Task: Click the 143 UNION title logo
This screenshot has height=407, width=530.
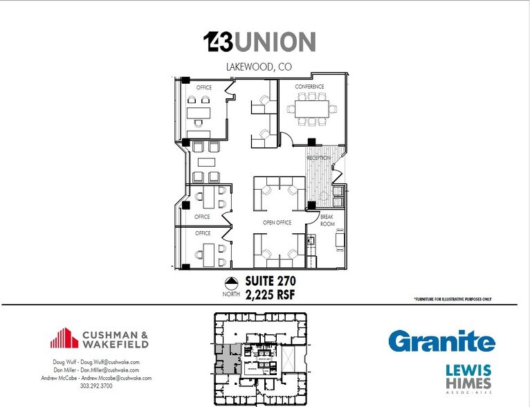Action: point(260,42)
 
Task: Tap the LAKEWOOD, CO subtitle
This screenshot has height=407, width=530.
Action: point(259,67)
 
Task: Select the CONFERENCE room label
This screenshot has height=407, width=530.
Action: point(309,87)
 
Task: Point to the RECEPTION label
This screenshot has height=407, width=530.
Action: point(319,158)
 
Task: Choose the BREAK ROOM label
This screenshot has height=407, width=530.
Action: point(327,221)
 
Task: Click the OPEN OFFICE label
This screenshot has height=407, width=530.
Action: point(277,222)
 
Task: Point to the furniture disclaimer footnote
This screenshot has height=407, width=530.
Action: point(453,299)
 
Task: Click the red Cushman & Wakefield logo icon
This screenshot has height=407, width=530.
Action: point(64,338)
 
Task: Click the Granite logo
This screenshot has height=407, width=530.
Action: point(441,341)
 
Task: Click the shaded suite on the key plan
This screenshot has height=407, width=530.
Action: point(225,359)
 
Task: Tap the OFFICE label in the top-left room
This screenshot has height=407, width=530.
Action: point(204,88)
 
